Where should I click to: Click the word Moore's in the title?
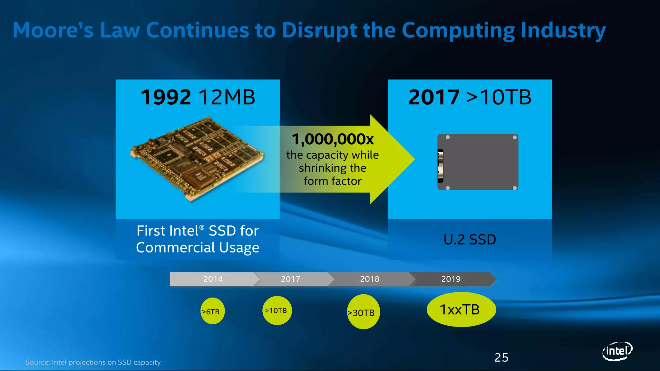53,31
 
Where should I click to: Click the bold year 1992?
166,97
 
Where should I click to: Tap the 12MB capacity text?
227,97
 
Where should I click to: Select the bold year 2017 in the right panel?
434,97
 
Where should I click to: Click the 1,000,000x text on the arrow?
333,139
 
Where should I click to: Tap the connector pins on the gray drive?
441,165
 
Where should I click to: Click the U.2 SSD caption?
470,240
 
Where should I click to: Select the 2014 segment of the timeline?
213,279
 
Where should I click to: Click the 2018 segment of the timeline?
370,279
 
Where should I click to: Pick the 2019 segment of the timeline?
451,279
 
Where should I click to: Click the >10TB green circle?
277,310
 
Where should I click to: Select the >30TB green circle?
363,312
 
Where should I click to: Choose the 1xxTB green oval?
461,309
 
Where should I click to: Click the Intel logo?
617,351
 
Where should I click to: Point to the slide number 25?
501,357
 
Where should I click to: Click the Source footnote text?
93,362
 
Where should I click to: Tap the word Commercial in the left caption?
175,247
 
